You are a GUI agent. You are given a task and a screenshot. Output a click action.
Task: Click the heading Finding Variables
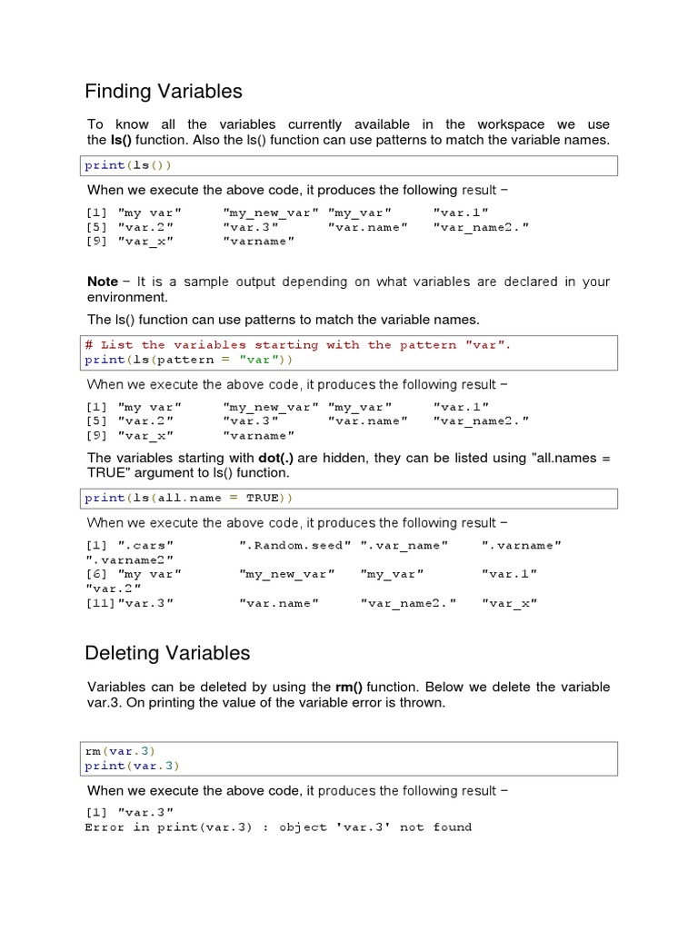[x=164, y=92]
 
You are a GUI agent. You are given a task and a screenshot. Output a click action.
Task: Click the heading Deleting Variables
[x=167, y=653]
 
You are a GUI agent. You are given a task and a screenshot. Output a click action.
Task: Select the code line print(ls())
[x=128, y=165]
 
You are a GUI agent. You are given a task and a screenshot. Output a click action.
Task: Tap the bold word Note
[x=103, y=282]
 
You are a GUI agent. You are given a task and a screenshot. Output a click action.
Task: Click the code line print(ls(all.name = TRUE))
[x=189, y=498]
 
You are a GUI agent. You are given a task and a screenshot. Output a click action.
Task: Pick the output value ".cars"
[x=146, y=545]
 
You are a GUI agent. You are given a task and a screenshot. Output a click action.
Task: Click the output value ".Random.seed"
[x=295, y=545]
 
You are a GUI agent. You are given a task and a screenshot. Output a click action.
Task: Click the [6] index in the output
[x=96, y=574]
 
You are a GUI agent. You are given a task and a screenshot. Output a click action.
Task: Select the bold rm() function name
[x=352, y=688]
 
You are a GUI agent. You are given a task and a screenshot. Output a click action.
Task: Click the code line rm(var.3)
[x=120, y=751]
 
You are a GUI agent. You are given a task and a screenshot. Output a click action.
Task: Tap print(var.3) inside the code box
[x=132, y=766]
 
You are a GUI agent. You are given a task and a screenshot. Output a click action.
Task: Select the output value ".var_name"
[x=404, y=545]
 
